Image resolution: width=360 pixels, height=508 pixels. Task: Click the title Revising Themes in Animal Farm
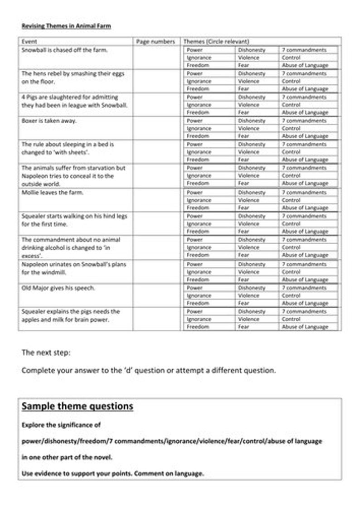(66, 26)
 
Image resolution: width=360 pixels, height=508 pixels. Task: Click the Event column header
(29, 42)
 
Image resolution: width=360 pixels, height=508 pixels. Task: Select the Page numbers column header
(156, 42)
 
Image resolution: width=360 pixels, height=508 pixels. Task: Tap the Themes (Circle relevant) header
(216, 42)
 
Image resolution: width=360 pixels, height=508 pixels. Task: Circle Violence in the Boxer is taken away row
(249, 128)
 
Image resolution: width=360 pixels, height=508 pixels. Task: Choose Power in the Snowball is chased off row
(195, 50)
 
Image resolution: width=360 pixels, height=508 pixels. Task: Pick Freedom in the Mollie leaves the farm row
(198, 208)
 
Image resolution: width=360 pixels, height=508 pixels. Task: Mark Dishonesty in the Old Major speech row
(252, 288)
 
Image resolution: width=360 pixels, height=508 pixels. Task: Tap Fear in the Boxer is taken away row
(243, 136)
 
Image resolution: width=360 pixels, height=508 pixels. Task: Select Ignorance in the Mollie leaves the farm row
(199, 200)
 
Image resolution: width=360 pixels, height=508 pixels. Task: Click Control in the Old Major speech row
(291, 295)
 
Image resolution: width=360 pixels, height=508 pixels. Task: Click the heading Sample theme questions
(78, 406)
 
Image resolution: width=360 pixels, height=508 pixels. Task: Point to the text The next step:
(43, 352)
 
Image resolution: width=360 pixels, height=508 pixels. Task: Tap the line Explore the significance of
(61, 426)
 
